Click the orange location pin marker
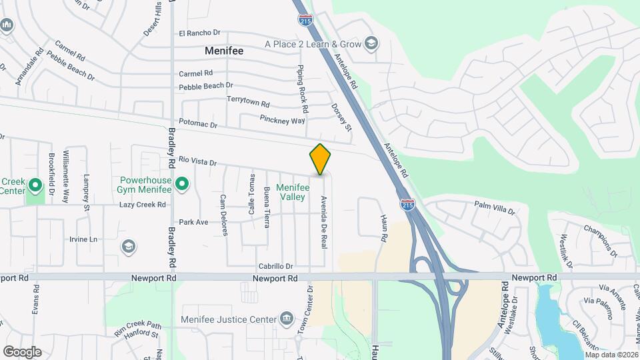coord(320,159)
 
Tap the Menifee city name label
coord(224,51)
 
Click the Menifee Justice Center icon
coord(287,317)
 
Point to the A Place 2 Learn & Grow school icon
coord(371,45)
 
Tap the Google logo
coord(22,351)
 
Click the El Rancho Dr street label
coord(199,33)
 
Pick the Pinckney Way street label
coord(282,120)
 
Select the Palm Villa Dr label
coord(495,207)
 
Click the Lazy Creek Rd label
coord(142,205)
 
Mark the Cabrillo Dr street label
coord(276,266)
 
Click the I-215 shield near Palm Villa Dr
coord(407,204)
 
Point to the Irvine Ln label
coord(83,239)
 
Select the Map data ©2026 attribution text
coord(611,354)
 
